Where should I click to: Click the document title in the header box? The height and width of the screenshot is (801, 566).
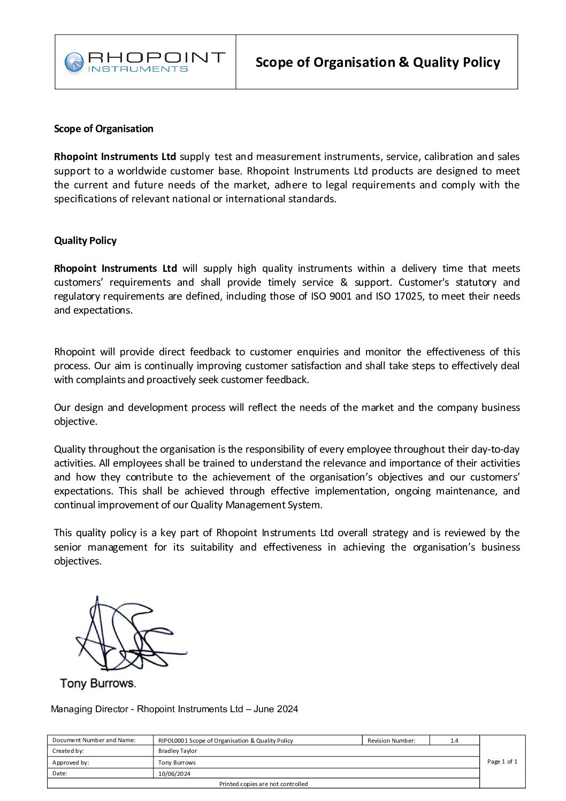(x=377, y=63)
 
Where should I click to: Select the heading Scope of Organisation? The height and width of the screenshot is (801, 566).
(x=103, y=128)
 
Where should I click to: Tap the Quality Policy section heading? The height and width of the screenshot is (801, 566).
(x=85, y=240)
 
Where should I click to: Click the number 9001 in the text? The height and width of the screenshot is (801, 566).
(x=340, y=296)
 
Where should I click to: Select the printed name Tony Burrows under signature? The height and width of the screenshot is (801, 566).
(x=97, y=683)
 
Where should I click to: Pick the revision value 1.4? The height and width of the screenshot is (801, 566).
(x=454, y=741)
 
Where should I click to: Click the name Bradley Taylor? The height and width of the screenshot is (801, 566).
(x=178, y=751)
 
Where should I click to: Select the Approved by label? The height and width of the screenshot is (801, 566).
(x=71, y=762)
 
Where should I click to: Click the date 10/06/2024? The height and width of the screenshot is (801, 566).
(x=174, y=773)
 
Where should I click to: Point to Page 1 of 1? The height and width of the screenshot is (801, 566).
(x=502, y=761)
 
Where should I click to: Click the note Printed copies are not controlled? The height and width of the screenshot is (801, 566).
(x=263, y=784)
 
